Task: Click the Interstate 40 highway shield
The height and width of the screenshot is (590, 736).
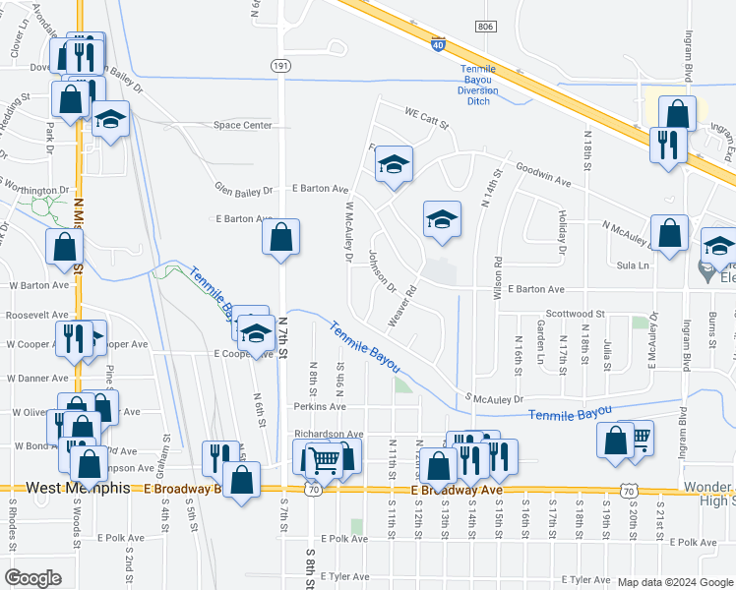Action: [x=438, y=43]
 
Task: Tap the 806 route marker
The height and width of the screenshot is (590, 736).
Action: [x=484, y=28]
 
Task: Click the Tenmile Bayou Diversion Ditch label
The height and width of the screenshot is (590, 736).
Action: [x=478, y=85]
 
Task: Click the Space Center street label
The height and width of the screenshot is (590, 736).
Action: [x=243, y=125]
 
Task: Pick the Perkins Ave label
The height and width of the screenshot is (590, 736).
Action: [x=319, y=406]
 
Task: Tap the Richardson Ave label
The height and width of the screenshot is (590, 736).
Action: [x=329, y=434]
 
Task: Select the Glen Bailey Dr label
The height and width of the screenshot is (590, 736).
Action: [x=241, y=187]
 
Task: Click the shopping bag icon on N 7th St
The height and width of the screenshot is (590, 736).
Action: [x=280, y=236]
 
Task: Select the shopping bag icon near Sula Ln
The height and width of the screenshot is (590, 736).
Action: [x=669, y=233]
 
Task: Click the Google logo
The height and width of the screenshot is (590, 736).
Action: [x=32, y=578]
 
